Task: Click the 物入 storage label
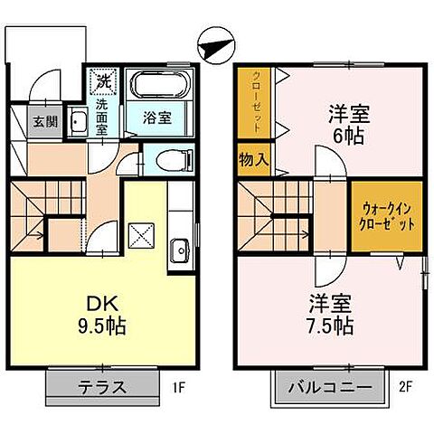[251, 160]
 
